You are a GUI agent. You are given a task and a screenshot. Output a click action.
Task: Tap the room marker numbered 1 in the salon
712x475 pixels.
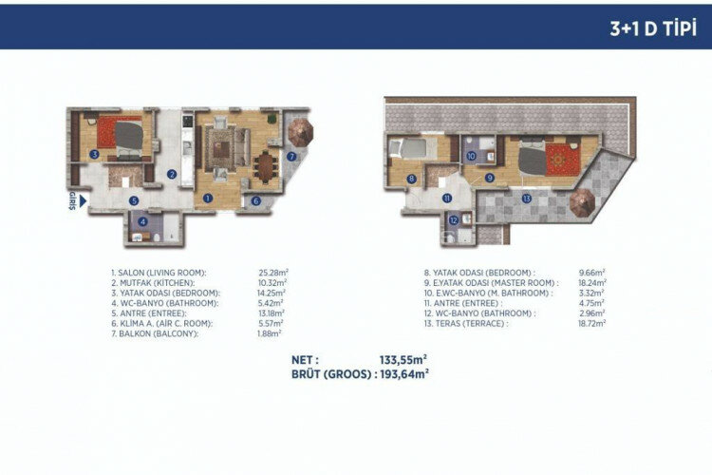tap(207, 199)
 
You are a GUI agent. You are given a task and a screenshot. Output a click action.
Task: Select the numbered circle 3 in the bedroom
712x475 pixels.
tap(94, 153)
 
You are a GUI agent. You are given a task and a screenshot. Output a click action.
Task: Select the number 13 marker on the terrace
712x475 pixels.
tap(526, 199)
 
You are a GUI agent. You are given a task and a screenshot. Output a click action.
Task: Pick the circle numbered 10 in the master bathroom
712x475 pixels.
tap(471, 156)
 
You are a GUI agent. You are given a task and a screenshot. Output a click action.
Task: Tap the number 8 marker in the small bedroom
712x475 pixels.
tap(411, 178)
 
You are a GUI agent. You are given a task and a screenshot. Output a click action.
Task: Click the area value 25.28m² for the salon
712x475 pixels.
tap(272, 272)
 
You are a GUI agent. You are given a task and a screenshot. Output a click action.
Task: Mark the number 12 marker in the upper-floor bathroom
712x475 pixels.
tap(454, 220)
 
